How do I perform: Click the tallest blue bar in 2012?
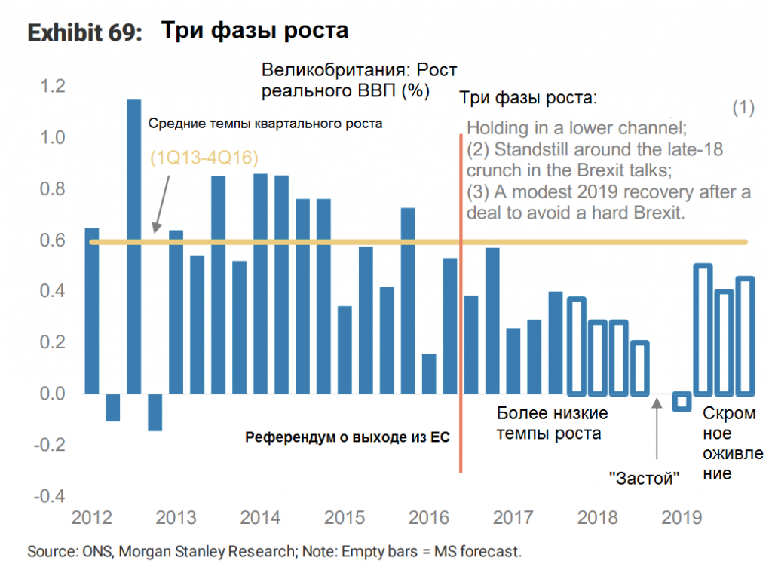coord(133,246)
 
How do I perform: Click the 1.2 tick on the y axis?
coord(55,87)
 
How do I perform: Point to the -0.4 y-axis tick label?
coord(51,495)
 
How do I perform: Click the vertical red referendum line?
coord(460,302)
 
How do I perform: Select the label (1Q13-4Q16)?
coord(204,158)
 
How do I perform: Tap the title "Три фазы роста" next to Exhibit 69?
coord(255,31)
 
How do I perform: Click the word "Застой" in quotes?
coord(645,478)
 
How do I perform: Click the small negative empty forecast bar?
coord(682,402)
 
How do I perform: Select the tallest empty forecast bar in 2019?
coord(703,329)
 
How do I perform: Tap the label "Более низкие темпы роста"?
coord(553,424)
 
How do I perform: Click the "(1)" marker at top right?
coord(743,107)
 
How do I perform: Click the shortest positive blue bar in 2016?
coord(429,374)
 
